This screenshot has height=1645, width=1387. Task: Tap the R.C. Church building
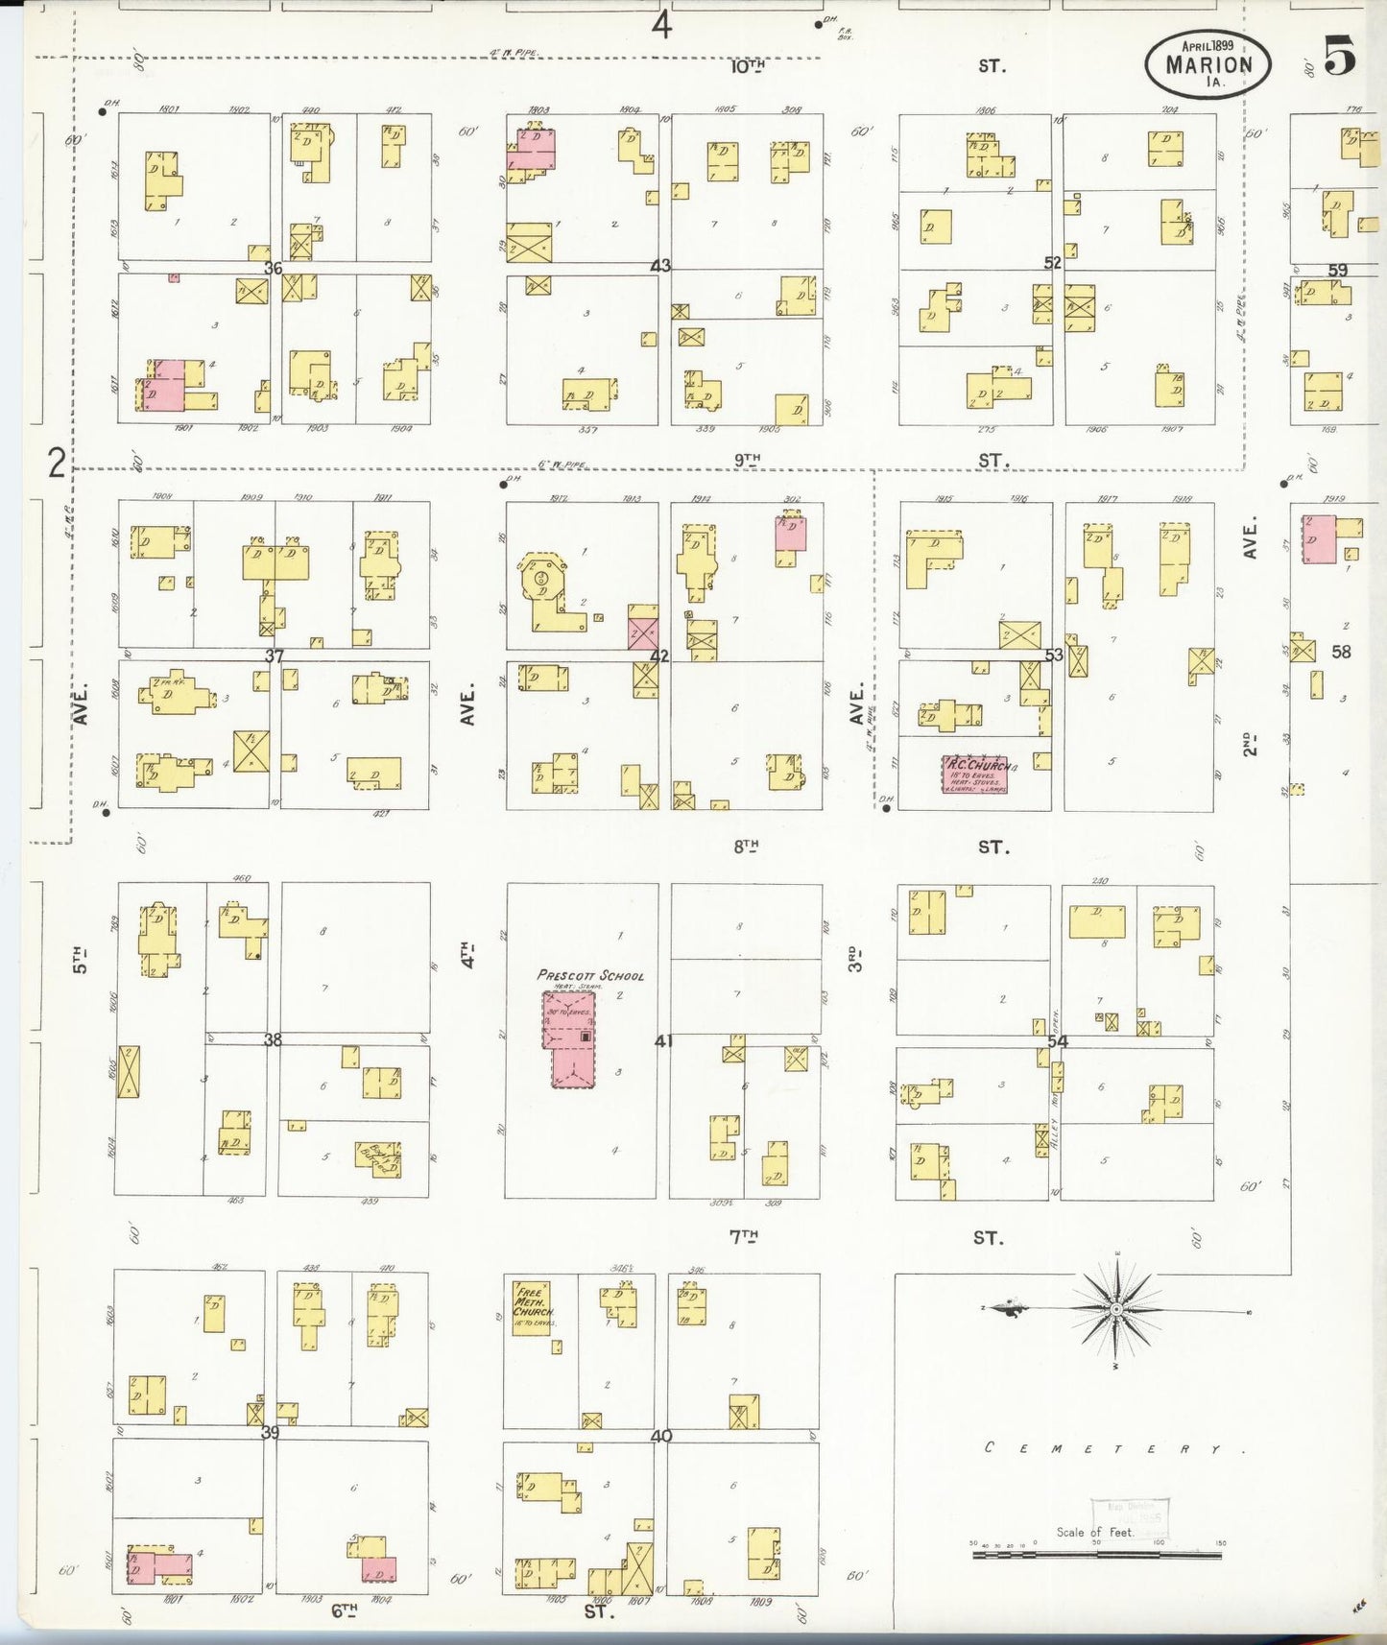click(x=974, y=775)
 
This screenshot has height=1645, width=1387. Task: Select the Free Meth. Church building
click(x=531, y=1307)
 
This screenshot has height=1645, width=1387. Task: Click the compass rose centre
click(x=1116, y=1309)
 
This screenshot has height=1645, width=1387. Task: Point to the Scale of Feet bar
click(x=1098, y=1553)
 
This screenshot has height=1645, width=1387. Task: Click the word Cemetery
click(x=1113, y=1448)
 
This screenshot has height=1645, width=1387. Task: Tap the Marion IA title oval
click(x=1208, y=63)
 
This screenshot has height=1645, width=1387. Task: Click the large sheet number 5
click(x=1340, y=57)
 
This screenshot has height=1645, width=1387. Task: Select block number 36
click(x=274, y=268)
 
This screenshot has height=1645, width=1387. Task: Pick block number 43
click(x=660, y=266)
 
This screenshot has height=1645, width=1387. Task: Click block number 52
click(x=1053, y=263)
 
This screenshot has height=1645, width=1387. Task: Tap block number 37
click(x=275, y=656)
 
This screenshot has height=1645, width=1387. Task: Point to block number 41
click(x=663, y=1040)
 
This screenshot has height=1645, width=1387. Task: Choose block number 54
click(x=1058, y=1041)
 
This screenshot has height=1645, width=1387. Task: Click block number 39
click(x=271, y=1433)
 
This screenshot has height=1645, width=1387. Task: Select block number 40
click(x=661, y=1437)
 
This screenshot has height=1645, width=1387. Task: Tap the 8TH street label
click(x=747, y=846)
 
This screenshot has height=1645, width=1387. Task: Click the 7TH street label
click(x=744, y=1237)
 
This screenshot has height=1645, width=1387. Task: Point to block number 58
click(x=1341, y=652)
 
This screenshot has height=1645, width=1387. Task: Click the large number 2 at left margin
click(x=58, y=464)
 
